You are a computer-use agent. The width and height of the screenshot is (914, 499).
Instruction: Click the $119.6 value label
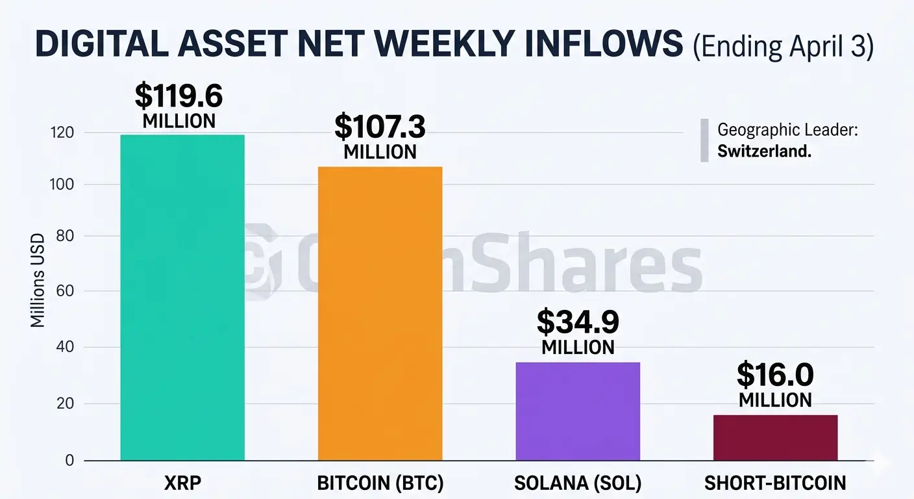point(179,96)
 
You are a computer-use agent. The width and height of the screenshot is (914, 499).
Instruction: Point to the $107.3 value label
point(380,127)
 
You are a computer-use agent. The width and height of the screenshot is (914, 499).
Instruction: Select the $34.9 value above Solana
point(578,322)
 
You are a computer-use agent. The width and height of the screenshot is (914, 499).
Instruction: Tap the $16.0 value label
point(775,375)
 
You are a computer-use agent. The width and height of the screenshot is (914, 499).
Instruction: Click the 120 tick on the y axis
point(62,133)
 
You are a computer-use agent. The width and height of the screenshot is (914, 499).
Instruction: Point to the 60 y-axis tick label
point(65,292)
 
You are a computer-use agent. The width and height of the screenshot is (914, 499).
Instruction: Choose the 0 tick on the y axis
point(69,461)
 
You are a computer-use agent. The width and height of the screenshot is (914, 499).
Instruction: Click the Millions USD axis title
point(38,280)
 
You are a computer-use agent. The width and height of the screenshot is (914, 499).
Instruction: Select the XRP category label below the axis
point(182,483)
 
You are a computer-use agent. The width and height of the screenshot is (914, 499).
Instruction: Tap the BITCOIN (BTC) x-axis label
point(380,483)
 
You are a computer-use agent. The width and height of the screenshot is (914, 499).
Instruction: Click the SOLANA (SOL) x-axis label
point(578,483)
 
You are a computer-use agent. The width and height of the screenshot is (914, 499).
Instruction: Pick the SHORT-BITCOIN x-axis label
point(775,483)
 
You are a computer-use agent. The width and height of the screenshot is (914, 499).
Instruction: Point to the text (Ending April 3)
point(783,47)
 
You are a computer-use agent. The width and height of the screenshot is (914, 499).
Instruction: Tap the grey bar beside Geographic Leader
point(704,140)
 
